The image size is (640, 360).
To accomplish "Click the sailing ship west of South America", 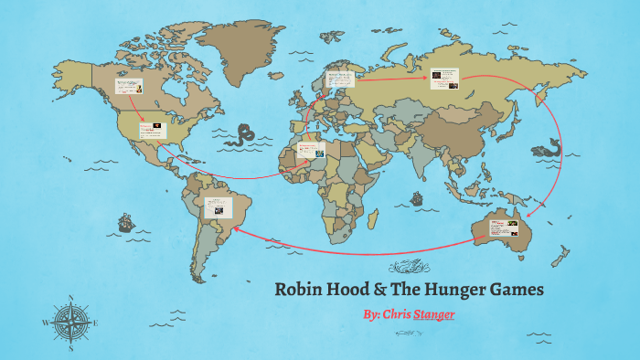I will tap(124, 222).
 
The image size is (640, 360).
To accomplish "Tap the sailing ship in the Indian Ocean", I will tap(417, 197).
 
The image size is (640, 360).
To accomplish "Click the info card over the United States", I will tap(153, 130).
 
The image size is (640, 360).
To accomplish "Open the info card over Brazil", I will tap(218, 208).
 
